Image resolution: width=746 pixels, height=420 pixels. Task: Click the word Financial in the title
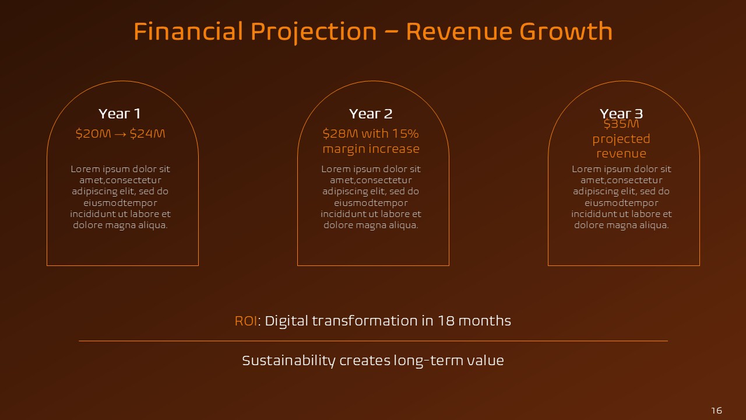(188, 32)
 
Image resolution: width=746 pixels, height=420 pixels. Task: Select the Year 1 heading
(119, 114)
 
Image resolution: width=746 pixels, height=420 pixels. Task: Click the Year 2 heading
(371, 114)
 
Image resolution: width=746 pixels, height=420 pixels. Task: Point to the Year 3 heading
(621, 113)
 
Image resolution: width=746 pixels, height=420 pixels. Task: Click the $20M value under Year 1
(93, 134)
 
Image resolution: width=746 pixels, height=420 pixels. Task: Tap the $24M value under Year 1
(147, 134)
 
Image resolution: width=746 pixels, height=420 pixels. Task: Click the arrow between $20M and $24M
(120, 134)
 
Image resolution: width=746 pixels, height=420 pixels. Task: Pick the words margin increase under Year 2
(371, 149)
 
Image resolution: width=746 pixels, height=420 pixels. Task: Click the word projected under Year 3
(621, 139)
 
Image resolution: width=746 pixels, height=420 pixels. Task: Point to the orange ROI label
(245, 321)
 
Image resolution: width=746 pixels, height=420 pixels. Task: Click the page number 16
(716, 411)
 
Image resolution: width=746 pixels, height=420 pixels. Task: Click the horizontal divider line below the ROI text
(373, 341)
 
